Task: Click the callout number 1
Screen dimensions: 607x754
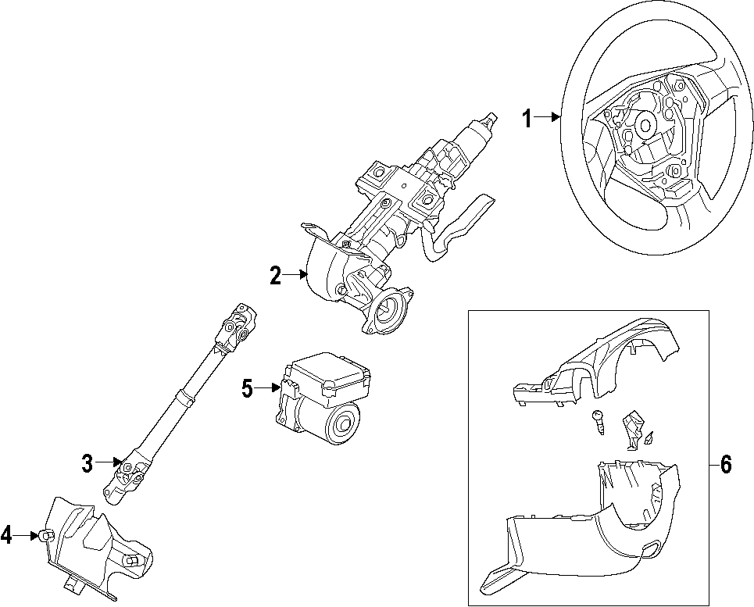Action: pyautogui.click(x=527, y=119)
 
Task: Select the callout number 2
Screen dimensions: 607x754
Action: pyautogui.click(x=275, y=275)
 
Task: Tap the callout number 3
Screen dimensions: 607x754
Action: pyautogui.click(x=88, y=463)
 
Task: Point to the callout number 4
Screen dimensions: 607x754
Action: pyautogui.click(x=6, y=535)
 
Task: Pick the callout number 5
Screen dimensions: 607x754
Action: pyautogui.click(x=247, y=388)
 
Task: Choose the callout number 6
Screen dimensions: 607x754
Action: pyautogui.click(x=726, y=465)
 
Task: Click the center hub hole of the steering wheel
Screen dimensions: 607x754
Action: pyautogui.click(x=646, y=123)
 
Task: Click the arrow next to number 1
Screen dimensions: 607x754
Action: pyautogui.click(x=549, y=118)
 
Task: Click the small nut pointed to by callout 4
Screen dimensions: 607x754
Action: pyautogui.click(x=45, y=535)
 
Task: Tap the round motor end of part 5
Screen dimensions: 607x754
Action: pyautogui.click(x=341, y=427)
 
